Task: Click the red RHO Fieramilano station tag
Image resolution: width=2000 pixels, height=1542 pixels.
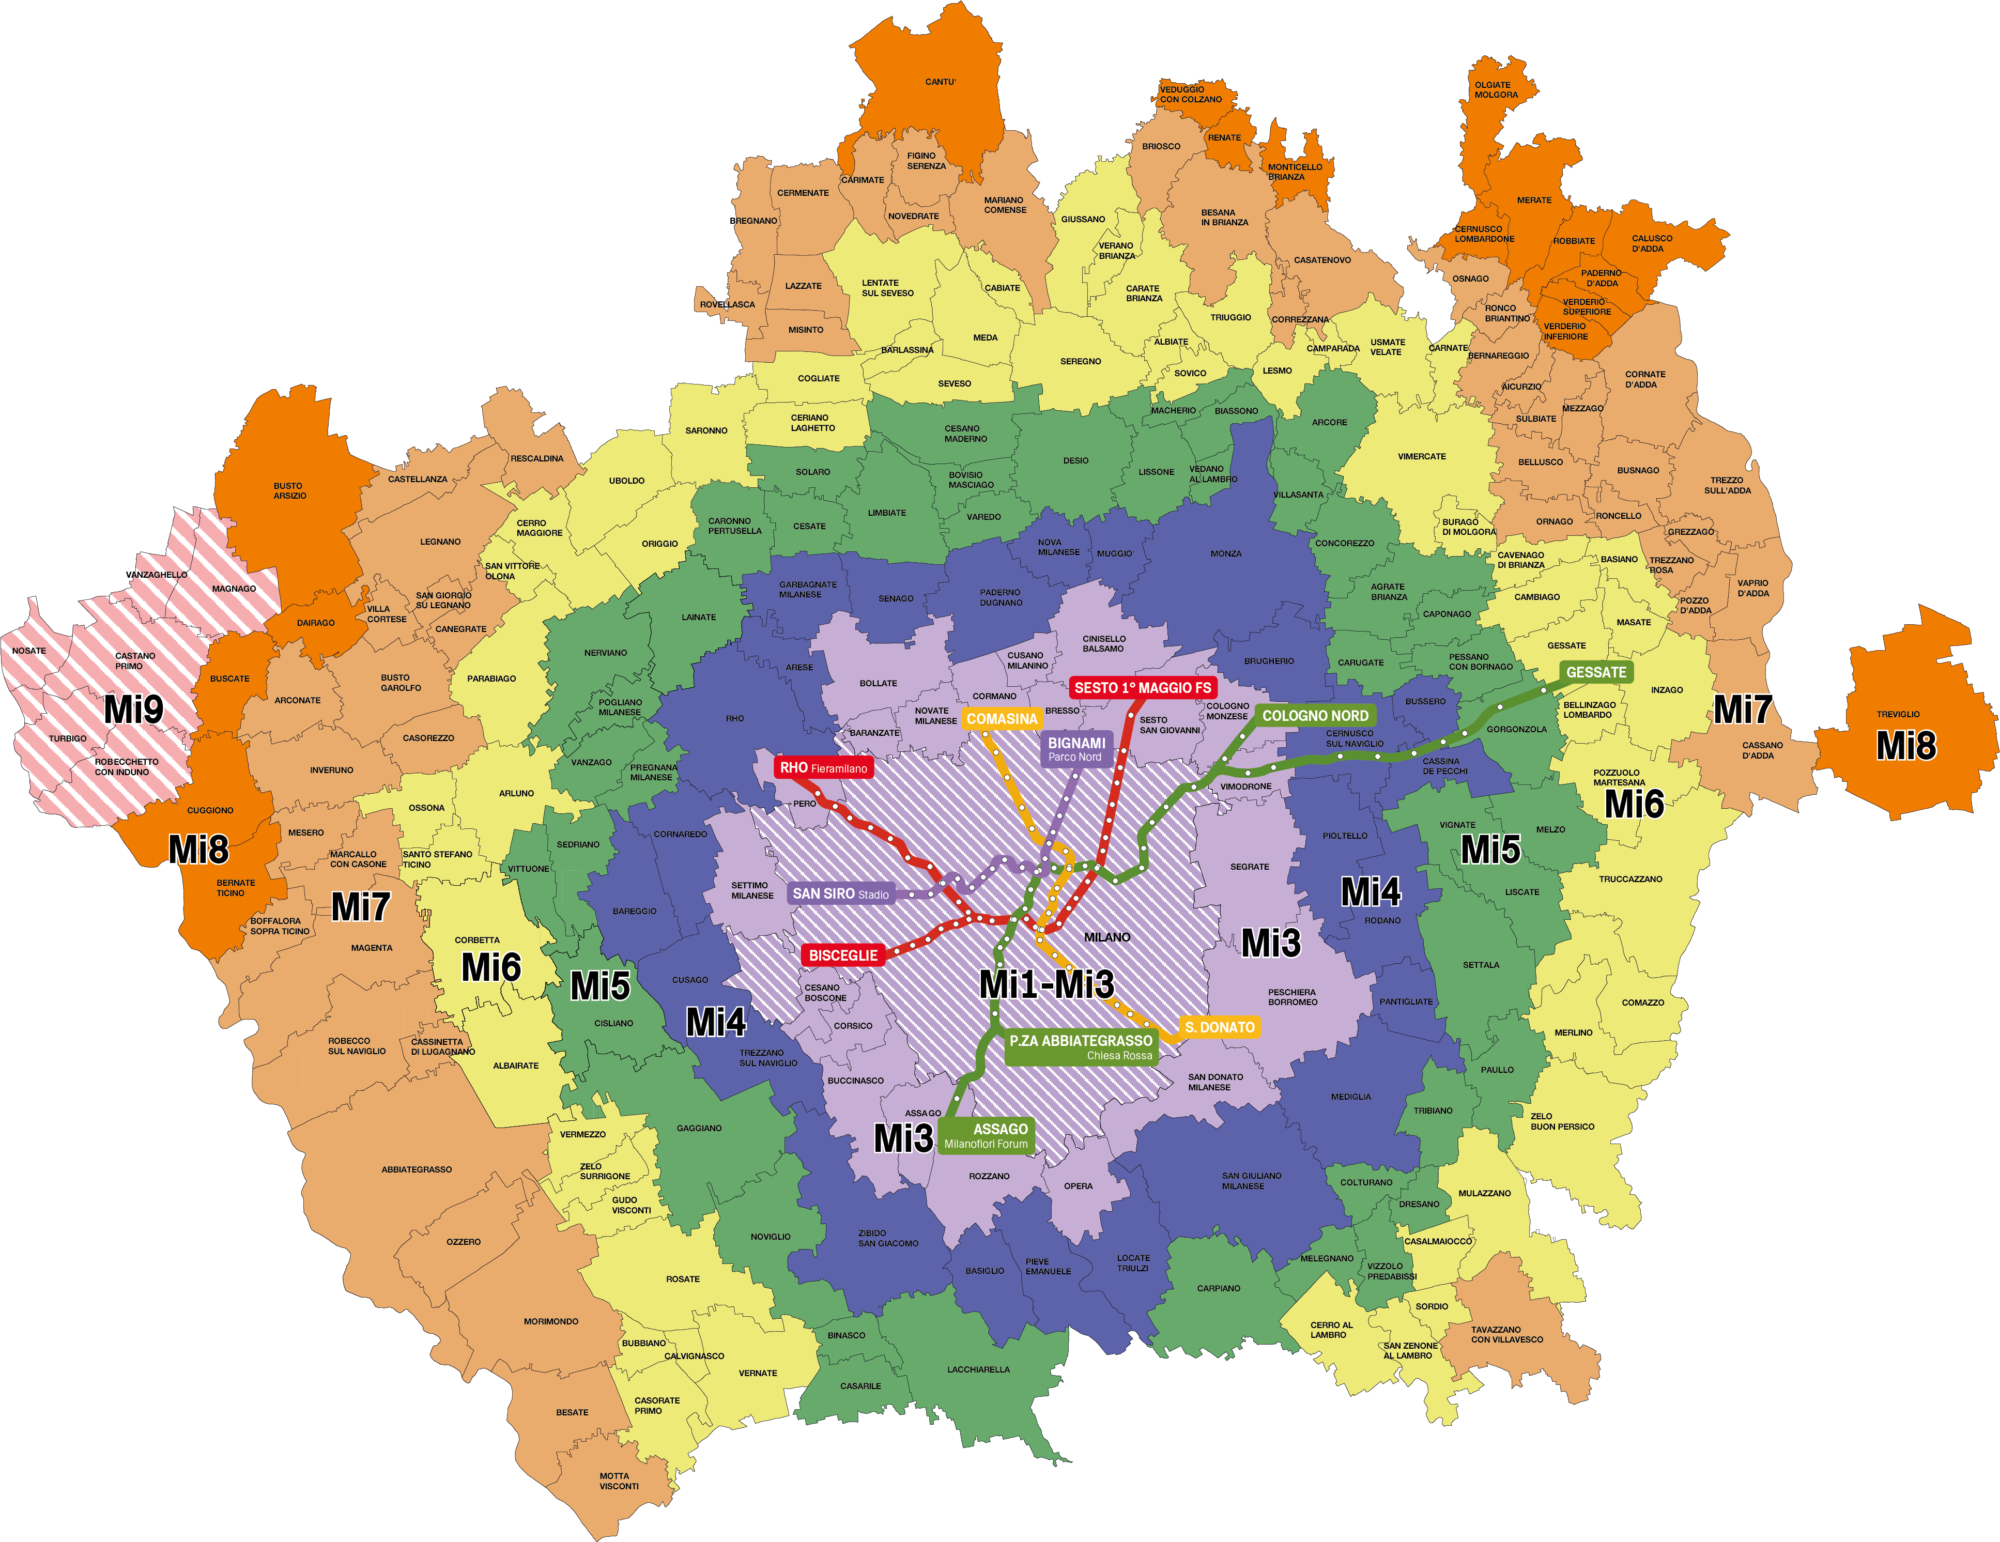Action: pos(823,767)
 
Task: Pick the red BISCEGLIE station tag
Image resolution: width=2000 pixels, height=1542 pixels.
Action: pos(842,955)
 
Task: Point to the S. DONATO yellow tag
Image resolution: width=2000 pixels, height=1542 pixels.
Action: pos(1219,1027)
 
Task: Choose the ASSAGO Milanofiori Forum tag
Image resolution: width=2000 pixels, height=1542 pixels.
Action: pos(986,1135)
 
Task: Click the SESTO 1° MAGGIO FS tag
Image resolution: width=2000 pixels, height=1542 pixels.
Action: pos(1142,688)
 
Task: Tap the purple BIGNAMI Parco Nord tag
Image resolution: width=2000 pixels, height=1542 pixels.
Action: pos(1076,749)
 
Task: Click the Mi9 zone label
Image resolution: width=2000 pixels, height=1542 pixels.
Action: pos(134,710)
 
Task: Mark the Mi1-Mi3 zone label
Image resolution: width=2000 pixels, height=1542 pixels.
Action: pos(1047,984)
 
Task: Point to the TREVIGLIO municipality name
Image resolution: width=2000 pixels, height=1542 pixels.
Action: pos(1898,714)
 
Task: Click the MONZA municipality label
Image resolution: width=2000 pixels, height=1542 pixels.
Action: pos(1225,553)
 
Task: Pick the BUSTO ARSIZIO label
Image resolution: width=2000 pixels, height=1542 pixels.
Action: pos(289,491)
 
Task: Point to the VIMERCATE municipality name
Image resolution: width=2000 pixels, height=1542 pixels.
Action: pos(1421,456)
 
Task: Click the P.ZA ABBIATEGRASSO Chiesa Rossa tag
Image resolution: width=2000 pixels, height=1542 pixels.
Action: pos(1081,1047)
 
